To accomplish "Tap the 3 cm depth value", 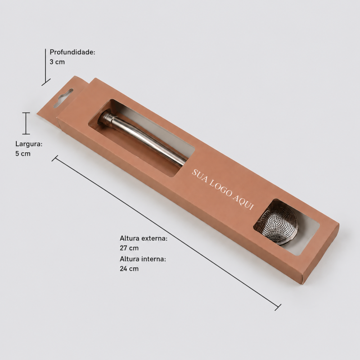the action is pyautogui.click(x=57, y=62).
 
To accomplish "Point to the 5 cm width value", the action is pyautogui.click(x=23, y=153).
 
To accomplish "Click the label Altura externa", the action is pyautogui.click(x=143, y=238).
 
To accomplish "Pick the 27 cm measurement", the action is pyautogui.click(x=129, y=248).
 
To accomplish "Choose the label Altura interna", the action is pyautogui.click(x=143, y=259).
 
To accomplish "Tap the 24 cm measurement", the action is pyautogui.click(x=129, y=269).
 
